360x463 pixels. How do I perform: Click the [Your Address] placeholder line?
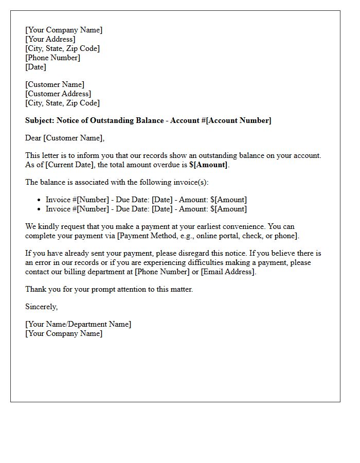[x=50, y=39]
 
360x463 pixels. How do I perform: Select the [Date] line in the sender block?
[x=35, y=67]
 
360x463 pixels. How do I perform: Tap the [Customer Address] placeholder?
[x=58, y=94]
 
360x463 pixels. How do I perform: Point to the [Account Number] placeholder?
[x=239, y=120]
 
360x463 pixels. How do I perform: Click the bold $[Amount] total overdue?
[x=208, y=165]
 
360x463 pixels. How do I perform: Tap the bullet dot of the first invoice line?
[x=39, y=200]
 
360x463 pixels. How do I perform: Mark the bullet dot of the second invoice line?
[x=39, y=209]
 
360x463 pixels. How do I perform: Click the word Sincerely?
[x=41, y=307]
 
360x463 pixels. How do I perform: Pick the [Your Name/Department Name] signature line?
[x=78, y=324]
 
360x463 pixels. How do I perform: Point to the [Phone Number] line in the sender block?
[x=53, y=58]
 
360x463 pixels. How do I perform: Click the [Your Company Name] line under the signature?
[x=64, y=333]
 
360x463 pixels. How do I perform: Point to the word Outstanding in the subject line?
[x=111, y=120]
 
